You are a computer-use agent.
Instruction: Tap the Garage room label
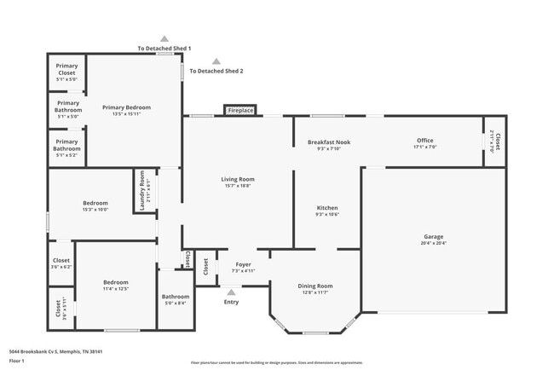pos(433,236)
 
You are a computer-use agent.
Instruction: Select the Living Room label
pos(238,179)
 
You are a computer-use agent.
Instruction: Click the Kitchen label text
pos(327,208)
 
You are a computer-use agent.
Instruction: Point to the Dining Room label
pos(315,286)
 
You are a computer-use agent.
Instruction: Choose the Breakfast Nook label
pos(329,142)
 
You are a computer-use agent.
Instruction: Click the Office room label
pos(424,141)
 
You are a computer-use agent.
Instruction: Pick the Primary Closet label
pos(66,69)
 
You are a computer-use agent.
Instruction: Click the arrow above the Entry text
pos(231,292)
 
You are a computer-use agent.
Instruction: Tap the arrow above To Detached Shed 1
pos(164,39)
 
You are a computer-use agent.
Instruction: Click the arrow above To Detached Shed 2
pos(216,61)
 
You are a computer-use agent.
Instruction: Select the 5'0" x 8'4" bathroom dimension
pos(176,303)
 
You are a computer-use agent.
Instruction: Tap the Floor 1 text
pos(17,361)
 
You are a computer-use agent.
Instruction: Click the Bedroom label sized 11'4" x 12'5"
pos(116,282)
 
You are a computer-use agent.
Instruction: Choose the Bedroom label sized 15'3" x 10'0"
pos(95,203)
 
